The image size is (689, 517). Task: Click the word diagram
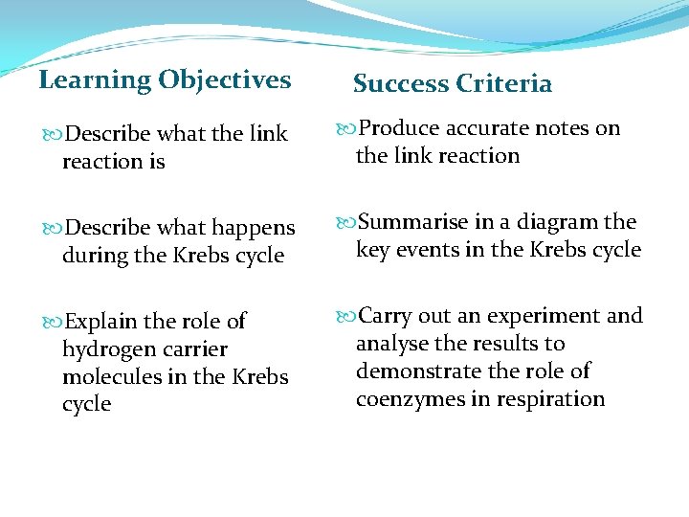[559, 222]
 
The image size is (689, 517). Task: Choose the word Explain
[100, 322]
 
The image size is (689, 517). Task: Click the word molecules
[112, 377]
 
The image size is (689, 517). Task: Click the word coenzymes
[410, 399]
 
